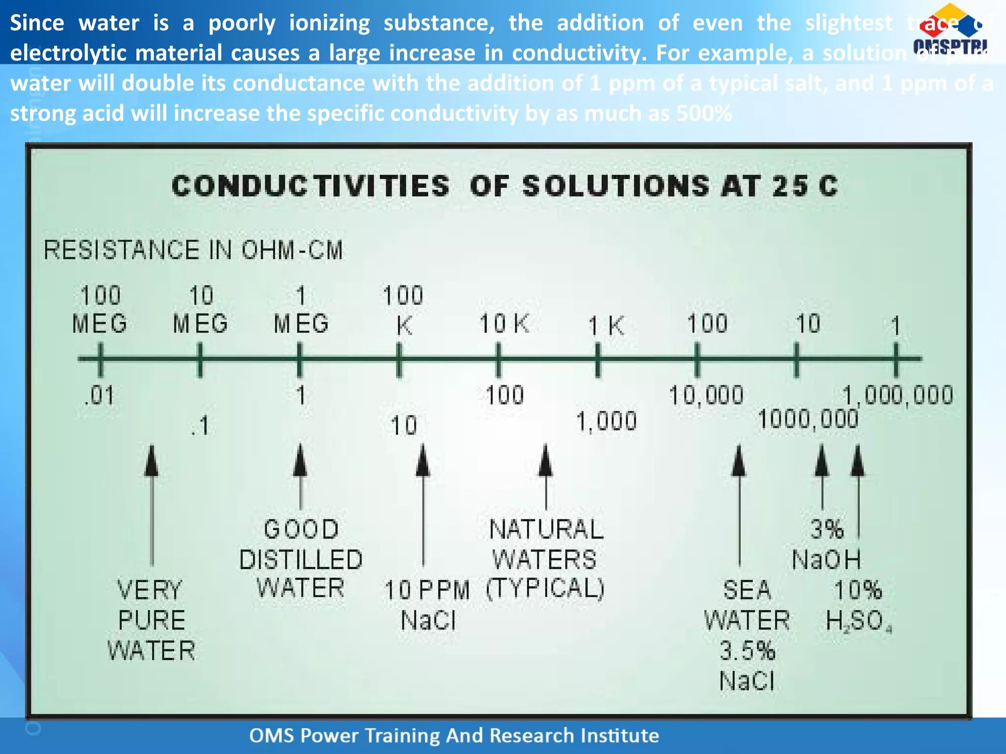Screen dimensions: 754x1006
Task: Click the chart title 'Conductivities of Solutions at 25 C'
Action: pyautogui.click(x=504, y=187)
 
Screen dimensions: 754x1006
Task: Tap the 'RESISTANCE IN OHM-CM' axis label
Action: pyautogui.click(x=193, y=250)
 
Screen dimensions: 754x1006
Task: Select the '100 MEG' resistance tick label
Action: pyautogui.click(x=100, y=310)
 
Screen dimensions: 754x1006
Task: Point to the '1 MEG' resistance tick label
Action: pyautogui.click(x=301, y=310)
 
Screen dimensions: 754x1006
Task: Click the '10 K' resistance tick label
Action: pyautogui.click(x=504, y=324)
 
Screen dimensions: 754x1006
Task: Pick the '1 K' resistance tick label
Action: pyautogui.click(x=606, y=326)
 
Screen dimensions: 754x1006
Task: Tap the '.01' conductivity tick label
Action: pyautogui.click(x=100, y=396)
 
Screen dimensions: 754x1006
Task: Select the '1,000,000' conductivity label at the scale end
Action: pyautogui.click(x=898, y=396)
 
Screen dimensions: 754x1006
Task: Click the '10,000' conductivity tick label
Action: pyautogui.click(x=706, y=396)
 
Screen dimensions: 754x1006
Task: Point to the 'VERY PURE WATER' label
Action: pyautogui.click(x=151, y=620)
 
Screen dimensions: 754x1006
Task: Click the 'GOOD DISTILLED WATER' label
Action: pyautogui.click(x=301, y=560)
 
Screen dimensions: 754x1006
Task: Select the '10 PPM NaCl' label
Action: pyautogui.click(x=427, y=605)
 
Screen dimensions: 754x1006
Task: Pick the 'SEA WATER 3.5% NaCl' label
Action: pyautogui.click(x=747, y=635)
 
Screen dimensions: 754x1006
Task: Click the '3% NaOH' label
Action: pyautogui.click(x=827, y=545)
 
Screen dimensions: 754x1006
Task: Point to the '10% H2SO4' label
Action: pyautogui.click(x=858, y=606)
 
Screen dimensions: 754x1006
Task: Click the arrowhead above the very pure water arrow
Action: pyautogui.click(x=152, y=461)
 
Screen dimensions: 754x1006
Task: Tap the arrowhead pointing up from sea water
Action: pyautogui.click(x=739, y=461)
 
